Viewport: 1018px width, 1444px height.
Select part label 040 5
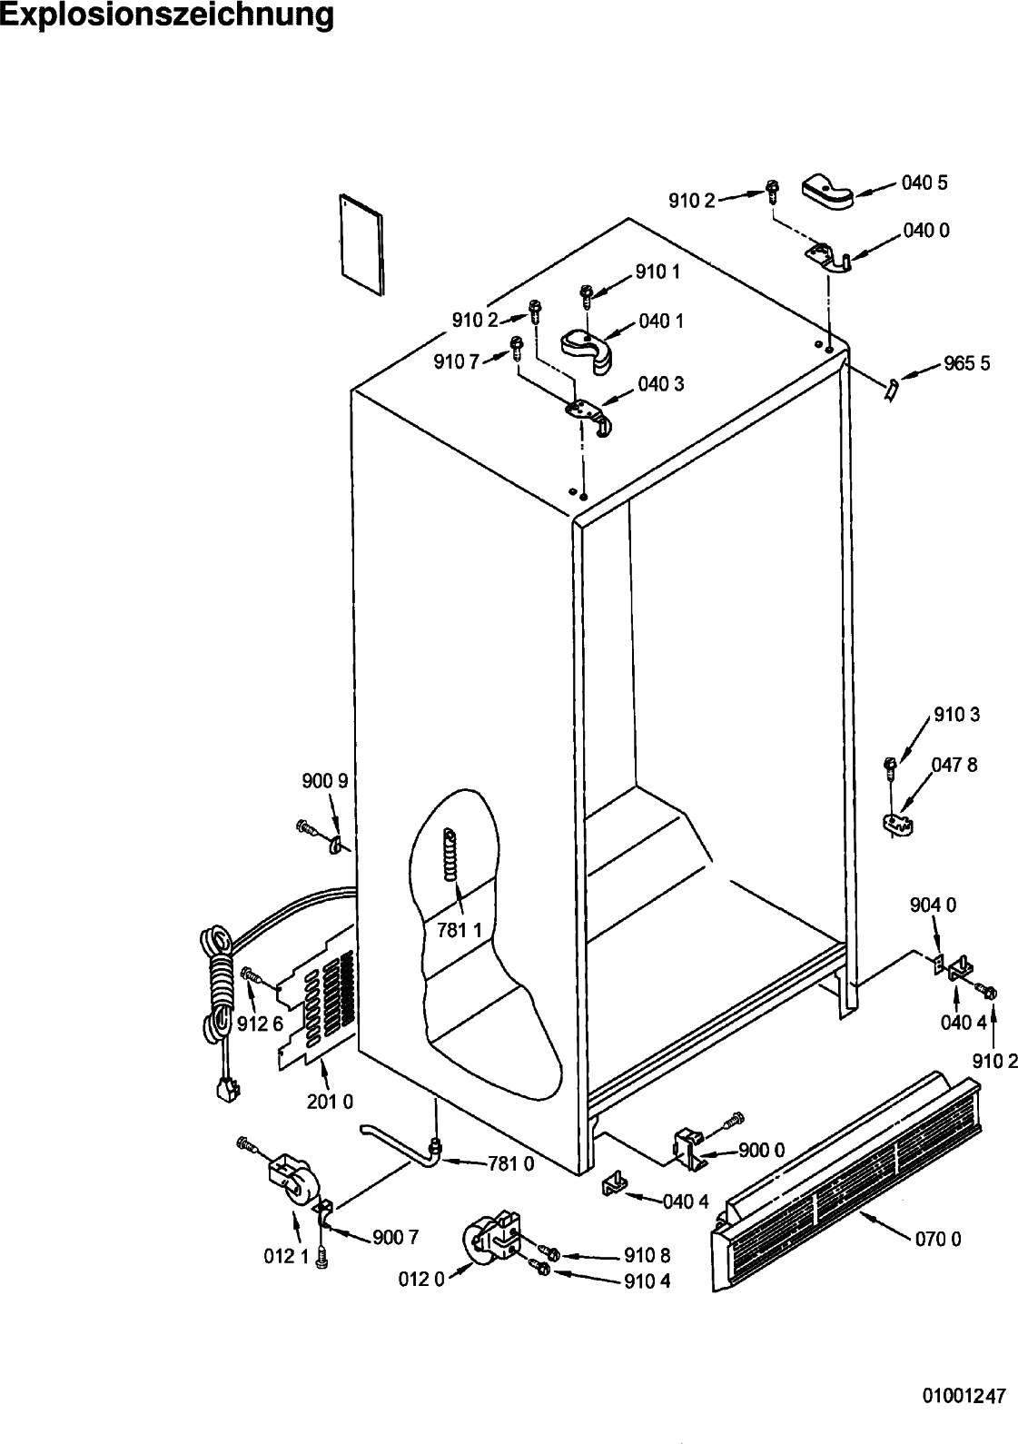pyautogui.click(x=924, y=183)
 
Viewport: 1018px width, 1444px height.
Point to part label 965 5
pyautogui.click(x=967, y=363)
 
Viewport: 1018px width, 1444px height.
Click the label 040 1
pyautogui.click(x=661, y=321)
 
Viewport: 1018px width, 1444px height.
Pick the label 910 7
pyautogui.click(x=457, y=362)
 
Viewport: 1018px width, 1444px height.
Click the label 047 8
pyautogui.click(x=954, y=766)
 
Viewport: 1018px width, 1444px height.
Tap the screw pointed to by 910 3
pyautogui.click(x=891, y=767)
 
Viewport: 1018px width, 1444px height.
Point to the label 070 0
pyautogui.click(x=938, y=1239)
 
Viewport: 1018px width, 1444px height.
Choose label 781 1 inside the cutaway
pyautogui.click(x=459, y=930)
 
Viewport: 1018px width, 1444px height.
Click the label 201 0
pyautogui.click(x=330, y=1102)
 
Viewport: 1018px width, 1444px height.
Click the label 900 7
pyautogui.click(x=396, y=1237)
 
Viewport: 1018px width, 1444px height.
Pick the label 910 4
pyautogui.click(x=647, y=1281)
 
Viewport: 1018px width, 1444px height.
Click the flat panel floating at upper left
pyautogui.click(x=362, y=244)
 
